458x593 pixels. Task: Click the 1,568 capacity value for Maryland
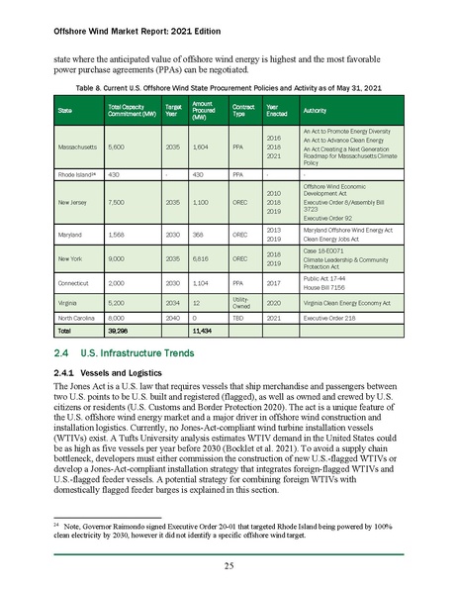(x=119, y=235)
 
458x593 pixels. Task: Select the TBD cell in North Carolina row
(x=238, y=318)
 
